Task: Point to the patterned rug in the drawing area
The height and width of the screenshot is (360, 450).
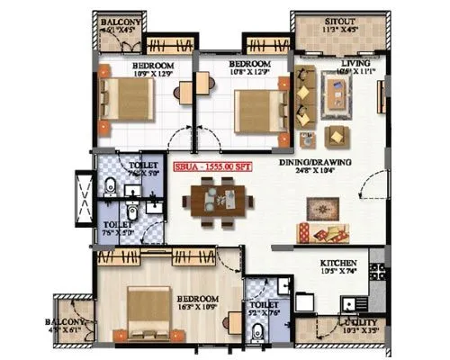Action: [x=322, y=208]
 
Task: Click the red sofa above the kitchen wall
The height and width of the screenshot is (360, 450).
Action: [x=323, y=234]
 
